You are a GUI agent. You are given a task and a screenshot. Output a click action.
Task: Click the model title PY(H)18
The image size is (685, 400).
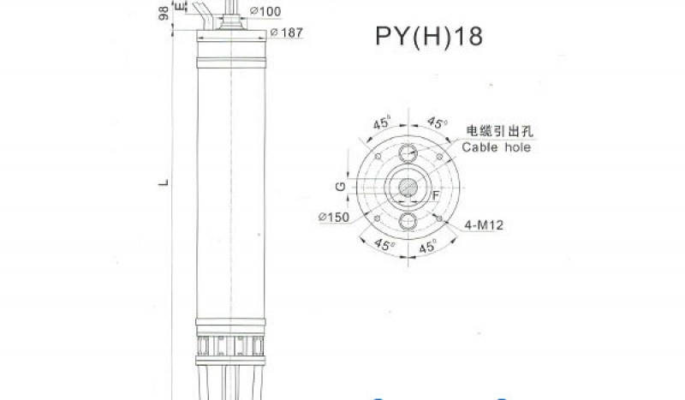click(429, 37)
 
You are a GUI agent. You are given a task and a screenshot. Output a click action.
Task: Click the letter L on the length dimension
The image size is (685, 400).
click(163, 182)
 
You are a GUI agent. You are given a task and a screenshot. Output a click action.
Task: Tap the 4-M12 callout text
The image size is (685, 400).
click(484, 226)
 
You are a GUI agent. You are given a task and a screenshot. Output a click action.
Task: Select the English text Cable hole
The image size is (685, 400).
click(497, 147)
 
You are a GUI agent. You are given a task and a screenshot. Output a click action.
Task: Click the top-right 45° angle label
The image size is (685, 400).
click(438, 122)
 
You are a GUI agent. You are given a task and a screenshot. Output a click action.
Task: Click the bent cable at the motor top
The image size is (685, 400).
click(205, 15)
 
